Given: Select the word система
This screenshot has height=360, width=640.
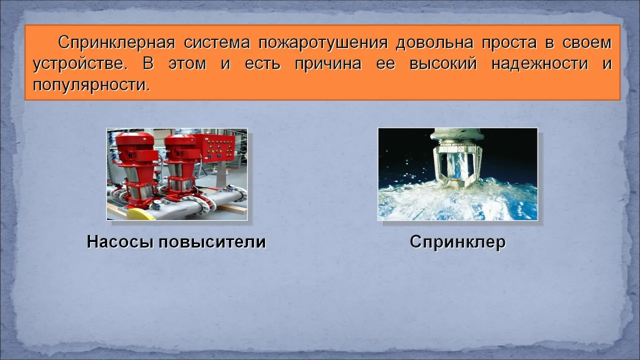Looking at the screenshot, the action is [x=217, y=43].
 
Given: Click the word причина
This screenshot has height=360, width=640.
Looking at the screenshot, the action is [x=328, y=64].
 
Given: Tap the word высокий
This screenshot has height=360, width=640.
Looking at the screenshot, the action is [x=443, y=63].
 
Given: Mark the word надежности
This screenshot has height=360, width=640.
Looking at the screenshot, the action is [x=540, y=63].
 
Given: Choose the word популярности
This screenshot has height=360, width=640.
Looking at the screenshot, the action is [x=91, y=85].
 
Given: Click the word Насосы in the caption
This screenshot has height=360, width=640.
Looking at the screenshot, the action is [x=119, y=242].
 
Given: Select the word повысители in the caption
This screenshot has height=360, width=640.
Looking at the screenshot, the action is [x=212, y=241].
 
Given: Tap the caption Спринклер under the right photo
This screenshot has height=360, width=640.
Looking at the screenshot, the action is [x=457, y=242].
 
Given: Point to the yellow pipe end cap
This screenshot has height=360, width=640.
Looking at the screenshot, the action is [x=141, y=214].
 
